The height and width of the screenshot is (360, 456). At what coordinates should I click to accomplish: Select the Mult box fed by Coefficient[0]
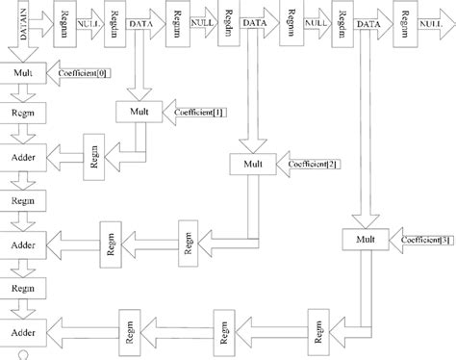23,73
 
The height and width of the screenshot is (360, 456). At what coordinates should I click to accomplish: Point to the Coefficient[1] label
199,112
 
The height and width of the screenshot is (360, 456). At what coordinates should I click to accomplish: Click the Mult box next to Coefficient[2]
252,165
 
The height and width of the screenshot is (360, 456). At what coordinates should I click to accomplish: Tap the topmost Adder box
23,158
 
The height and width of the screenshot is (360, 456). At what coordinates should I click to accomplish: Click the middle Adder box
23,245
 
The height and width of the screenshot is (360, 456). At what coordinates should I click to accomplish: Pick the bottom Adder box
23,331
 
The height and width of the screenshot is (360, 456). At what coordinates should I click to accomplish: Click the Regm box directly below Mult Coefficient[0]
23,116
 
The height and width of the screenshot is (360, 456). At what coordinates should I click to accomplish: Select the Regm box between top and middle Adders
23,202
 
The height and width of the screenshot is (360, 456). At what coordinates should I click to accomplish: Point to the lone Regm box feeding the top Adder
94,160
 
